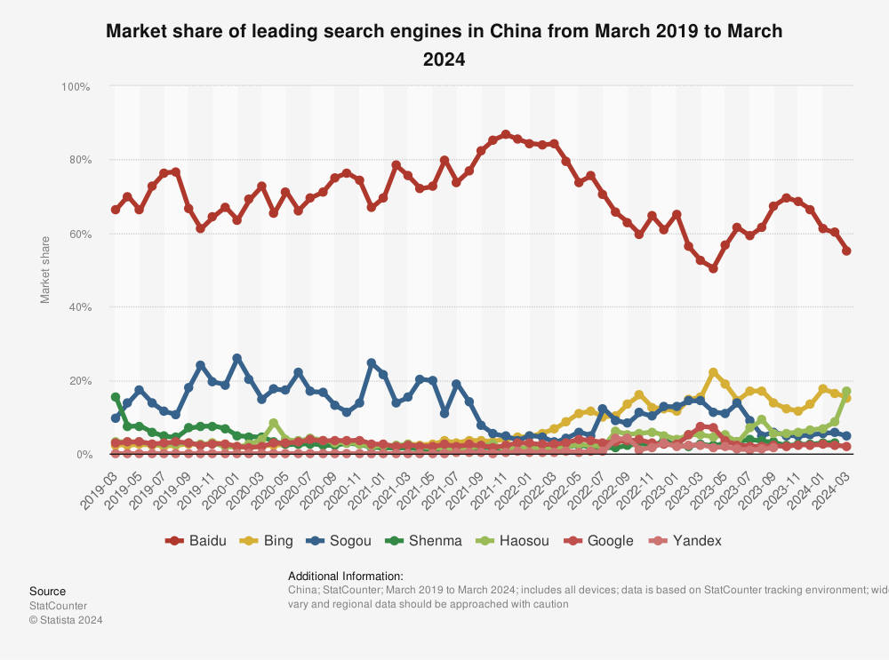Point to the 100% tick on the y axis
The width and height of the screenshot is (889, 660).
point(76,87)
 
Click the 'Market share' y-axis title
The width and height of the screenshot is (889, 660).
point(45,271)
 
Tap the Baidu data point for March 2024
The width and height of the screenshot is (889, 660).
point(846,250)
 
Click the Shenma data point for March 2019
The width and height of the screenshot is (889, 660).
point(116,397)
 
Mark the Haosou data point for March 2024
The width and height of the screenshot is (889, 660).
point(846,391)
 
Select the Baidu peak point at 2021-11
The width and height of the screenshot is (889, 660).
point(506,134)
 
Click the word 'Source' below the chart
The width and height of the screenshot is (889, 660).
point(47,592)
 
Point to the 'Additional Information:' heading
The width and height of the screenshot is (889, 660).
point(346,576)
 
